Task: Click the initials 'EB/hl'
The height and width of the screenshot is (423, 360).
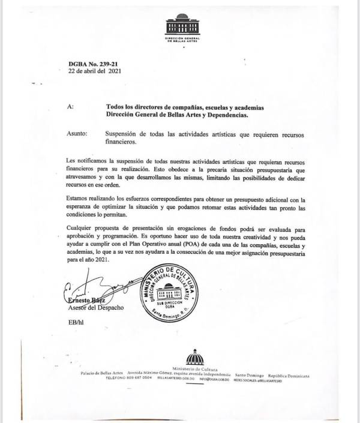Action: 77,323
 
